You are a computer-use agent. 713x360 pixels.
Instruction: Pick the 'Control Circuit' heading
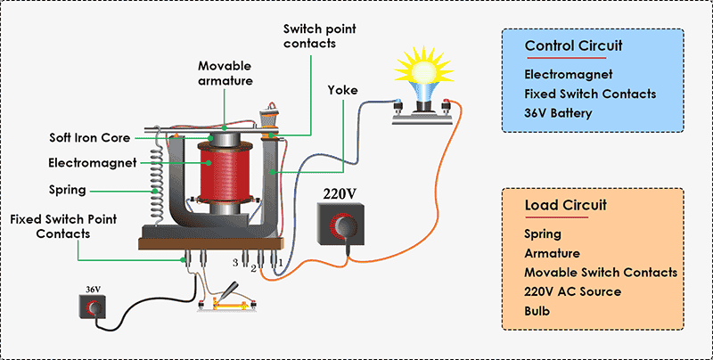coord(574,45)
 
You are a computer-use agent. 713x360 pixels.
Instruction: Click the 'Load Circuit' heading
coord(565,205)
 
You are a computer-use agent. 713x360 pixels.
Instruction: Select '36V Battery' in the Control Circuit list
coord(558,113)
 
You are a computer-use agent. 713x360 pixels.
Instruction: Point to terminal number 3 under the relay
coord(235,263)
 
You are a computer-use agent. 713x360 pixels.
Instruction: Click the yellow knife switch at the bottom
coord(227,304)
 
